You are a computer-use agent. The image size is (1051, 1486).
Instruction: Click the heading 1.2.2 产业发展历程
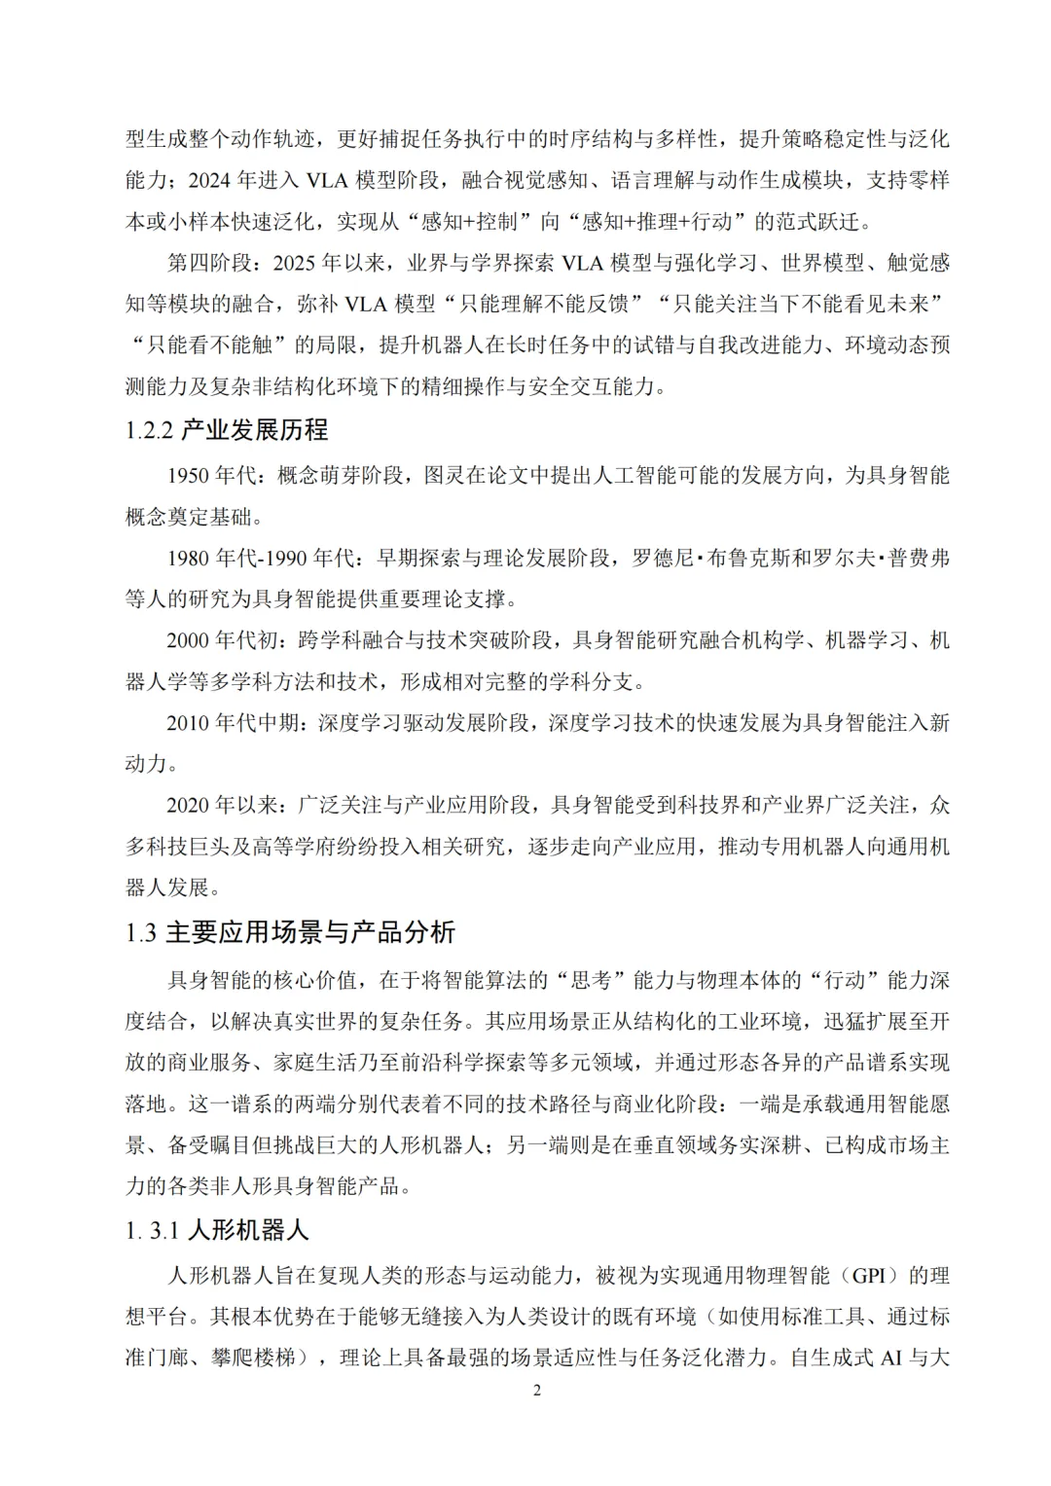click(x=227, y=429)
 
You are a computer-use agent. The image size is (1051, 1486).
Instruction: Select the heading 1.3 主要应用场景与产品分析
click(x=290, y=932)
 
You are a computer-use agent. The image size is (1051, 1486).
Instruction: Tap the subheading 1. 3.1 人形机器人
click(x=216, y=1230)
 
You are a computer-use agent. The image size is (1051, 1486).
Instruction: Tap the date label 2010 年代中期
click(x=235, y=723)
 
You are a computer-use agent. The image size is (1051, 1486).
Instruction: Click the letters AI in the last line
click(x=891, y=1358)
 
